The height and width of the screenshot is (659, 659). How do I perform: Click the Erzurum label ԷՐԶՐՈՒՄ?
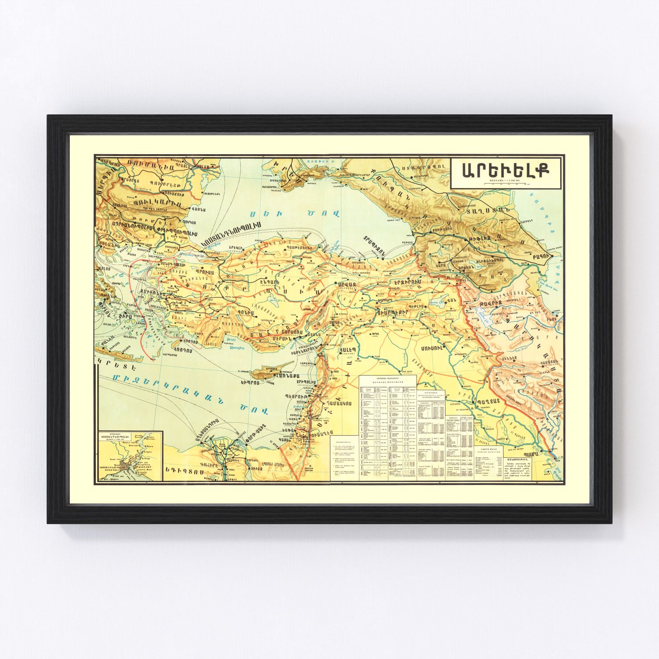click(x=406, y=281)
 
